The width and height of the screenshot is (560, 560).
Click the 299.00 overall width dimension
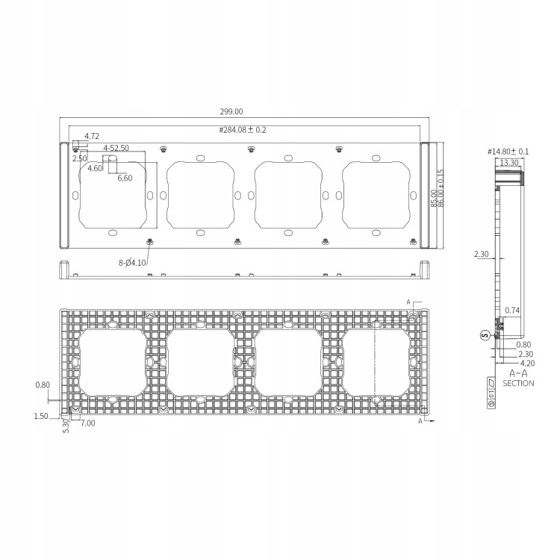tap(231, 112)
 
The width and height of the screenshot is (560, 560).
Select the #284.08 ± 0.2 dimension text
tap(243, 130)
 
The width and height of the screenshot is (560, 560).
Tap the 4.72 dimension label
tap(92, 136)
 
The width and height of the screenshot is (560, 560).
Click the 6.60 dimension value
tap(124, 178)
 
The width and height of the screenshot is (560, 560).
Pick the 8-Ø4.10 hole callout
tap(132, 262)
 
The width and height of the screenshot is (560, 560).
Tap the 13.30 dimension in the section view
tap(509, 162)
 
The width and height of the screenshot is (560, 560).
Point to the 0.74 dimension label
tap(512, 310)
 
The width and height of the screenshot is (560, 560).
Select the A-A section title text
tap(518, 373)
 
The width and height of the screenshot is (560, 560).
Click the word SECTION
tap(518, 383)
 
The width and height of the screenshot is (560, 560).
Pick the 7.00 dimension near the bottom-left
tap(87, 423)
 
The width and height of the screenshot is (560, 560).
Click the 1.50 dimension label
tap(41, 415)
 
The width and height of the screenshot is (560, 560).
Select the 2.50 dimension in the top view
tap(80, 158)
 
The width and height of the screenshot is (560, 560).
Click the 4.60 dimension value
tap(95, 169)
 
